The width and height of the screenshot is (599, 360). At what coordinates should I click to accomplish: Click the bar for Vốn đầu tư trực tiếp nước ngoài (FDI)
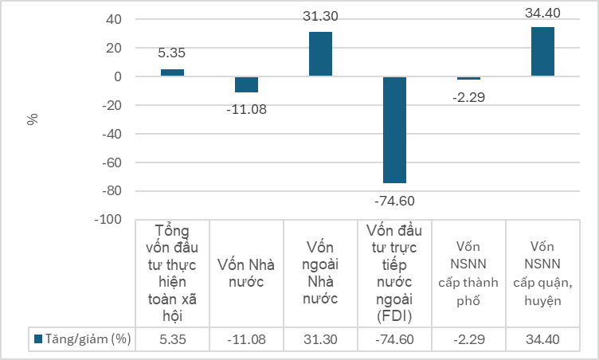tap(394, 130)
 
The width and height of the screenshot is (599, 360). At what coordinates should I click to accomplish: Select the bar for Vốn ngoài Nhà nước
tap(320, 54)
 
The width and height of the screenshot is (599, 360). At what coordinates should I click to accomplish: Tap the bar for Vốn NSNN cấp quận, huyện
tap(542, 52)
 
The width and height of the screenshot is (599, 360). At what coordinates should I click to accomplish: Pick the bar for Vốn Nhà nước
tap(246, 84)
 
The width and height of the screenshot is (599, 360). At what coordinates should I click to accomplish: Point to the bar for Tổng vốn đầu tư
tap(172, 72)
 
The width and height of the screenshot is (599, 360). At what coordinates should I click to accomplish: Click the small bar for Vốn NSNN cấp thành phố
tap(468, 78)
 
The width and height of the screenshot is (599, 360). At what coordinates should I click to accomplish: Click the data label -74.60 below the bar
tap(394, 200)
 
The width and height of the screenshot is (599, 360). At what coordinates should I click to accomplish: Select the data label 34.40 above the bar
tap(542, 12)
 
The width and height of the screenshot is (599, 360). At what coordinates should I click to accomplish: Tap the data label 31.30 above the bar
tap(320, 16)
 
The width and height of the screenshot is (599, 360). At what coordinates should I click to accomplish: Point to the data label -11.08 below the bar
tap(246, 108)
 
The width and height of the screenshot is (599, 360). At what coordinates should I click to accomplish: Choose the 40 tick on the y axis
tap(114, 19)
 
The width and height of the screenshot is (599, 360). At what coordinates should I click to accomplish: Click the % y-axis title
tap(33, 119)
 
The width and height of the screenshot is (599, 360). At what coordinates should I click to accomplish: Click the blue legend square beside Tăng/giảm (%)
tap(37, 339)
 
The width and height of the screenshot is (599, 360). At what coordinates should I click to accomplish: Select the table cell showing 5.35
tap(173, 339)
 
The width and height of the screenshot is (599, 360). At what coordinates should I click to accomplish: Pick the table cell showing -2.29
tap(468, 339)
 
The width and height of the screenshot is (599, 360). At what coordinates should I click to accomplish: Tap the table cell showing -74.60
tap(394, 339)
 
